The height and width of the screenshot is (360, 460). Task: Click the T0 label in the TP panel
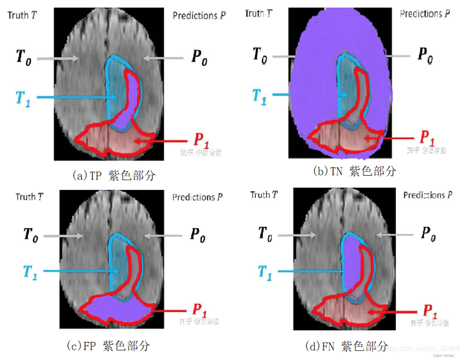point(24,57)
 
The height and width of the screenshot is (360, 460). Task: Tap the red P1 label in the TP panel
point(201,140)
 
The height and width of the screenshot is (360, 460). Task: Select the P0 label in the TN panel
point(425,55)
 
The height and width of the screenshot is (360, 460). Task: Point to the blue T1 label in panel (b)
point(259,96)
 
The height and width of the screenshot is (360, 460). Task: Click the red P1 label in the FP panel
point(199,310)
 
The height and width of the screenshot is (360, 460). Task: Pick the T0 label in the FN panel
point(265,234)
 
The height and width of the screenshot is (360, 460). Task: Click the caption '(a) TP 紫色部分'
point(114,176)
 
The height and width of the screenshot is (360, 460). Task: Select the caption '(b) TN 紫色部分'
point(354,171)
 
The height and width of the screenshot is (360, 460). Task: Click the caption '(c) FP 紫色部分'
point(108,346)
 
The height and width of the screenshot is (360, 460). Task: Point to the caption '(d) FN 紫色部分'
point(346,346)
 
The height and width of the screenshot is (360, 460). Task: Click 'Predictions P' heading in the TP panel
point(199,16)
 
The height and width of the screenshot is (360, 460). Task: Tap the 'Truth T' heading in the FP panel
point(30,197)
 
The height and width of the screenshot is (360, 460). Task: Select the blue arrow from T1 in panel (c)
point(81,271)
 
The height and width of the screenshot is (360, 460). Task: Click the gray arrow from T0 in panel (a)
point(58,58)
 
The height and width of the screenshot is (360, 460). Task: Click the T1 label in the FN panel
point(265,272)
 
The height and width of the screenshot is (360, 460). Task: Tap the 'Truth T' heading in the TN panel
point(258,14)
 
